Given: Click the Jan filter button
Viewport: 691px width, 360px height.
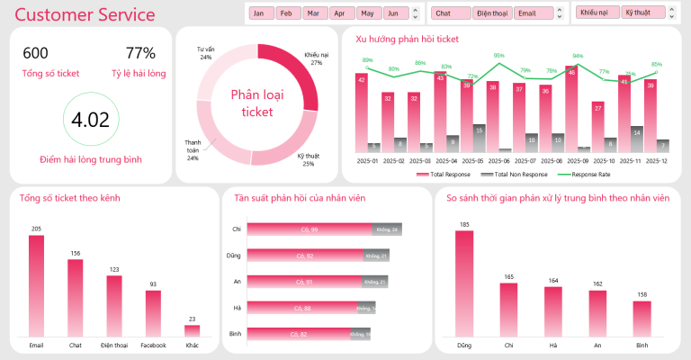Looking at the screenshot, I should [x=262, y=13].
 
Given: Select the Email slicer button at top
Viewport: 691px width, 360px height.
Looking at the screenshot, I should [x=529, y=13].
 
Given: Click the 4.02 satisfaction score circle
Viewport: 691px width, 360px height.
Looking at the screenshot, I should [x=90, y=121].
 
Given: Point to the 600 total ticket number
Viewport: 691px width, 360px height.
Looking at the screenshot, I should [x=36, y=53].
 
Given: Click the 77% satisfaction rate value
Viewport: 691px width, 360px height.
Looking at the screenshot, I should [x=140, y=53].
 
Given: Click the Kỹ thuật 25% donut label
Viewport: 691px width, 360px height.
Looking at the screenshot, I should [x=308, y=159].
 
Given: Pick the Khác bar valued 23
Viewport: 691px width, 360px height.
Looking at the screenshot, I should [x=192, y=330].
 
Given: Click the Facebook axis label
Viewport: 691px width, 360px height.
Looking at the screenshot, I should [x=153, y=345].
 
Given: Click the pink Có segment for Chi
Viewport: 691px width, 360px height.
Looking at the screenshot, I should [x=309, y=229].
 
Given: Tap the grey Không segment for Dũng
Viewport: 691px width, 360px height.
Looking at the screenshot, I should [x=375, y=256].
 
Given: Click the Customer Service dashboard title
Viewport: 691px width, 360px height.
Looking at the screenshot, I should [x=85, y=15].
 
